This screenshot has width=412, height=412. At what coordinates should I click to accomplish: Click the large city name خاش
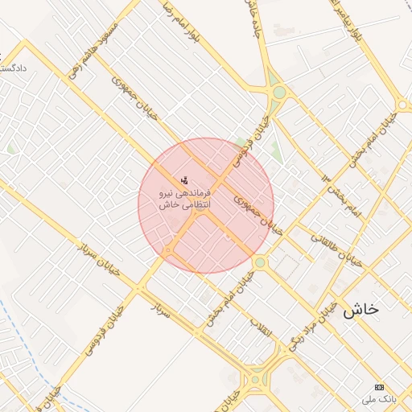coord(360,309)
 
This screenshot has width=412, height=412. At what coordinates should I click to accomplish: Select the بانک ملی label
coord(376,398)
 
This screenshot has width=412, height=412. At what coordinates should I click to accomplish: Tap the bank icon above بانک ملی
coord(380,386)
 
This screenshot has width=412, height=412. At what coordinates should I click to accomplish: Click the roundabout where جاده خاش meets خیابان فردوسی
coord(278,93)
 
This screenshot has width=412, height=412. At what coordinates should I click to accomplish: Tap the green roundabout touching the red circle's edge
coord(259,262)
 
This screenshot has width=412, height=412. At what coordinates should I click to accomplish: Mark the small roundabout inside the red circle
coord(167,252)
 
